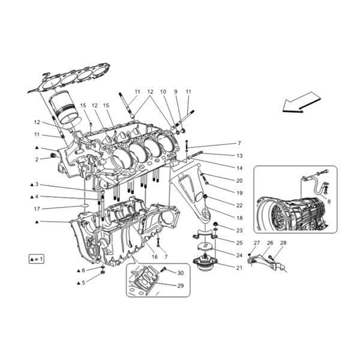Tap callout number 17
pos(37,209)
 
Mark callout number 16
pos(155,256)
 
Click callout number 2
pos(37,159)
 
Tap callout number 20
pos(239,180)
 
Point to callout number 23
pos(239,230)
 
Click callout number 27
pos(256,242)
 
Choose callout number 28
pos(283,242)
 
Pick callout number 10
pos(163,92)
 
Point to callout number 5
pos(83,282)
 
